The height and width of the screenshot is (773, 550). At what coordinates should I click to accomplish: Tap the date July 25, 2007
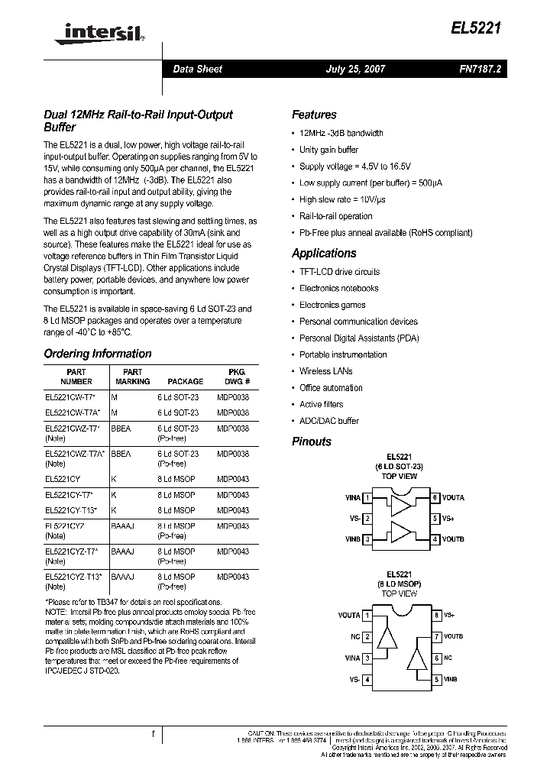click(x=355, y=69)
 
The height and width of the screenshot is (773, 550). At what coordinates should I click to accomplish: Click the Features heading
click(x=314, y=115)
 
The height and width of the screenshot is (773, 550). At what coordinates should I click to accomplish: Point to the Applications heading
click(x=324, y=253)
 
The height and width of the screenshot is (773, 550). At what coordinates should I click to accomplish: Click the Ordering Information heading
click(x=98, y=354)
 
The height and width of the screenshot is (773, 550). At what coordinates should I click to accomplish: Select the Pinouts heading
click(x=312, y=441)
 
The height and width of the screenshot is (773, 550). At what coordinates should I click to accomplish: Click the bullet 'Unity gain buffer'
click(x=328, y=150)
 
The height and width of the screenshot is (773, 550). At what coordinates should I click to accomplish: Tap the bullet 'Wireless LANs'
click(x=325, y=371)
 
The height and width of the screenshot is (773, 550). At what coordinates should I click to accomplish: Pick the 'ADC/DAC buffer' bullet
click(x=328, y=421)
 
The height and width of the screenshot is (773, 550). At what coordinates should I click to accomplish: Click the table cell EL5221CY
click(x=63, y=480)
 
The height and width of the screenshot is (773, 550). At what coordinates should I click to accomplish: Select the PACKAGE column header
click(x=186, y=381)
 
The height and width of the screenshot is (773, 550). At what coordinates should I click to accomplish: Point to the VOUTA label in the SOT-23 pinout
click(x=454, y=498)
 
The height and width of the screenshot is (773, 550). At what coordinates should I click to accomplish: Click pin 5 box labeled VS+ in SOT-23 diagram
click(x=435, y=519)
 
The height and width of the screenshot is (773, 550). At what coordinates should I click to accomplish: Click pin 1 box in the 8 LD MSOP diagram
click(x=367, y=615)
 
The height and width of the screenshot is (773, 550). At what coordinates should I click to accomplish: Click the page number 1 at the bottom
click(x=153, y=734)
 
